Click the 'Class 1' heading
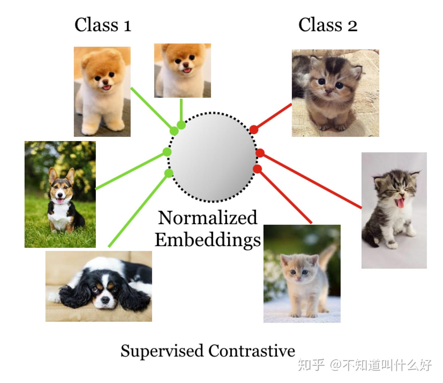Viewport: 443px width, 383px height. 103,25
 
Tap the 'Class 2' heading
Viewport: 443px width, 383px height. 328,25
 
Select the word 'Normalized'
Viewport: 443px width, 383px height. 207,218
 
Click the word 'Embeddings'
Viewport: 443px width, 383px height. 208,240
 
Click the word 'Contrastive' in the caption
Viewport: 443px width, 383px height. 252,351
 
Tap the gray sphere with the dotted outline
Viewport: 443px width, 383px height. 212,157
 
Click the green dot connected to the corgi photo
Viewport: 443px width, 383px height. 167,152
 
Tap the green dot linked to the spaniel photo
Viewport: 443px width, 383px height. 169,173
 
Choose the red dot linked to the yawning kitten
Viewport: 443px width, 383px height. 260,153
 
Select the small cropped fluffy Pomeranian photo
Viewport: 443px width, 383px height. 182,71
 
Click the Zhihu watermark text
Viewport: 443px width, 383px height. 365,365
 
